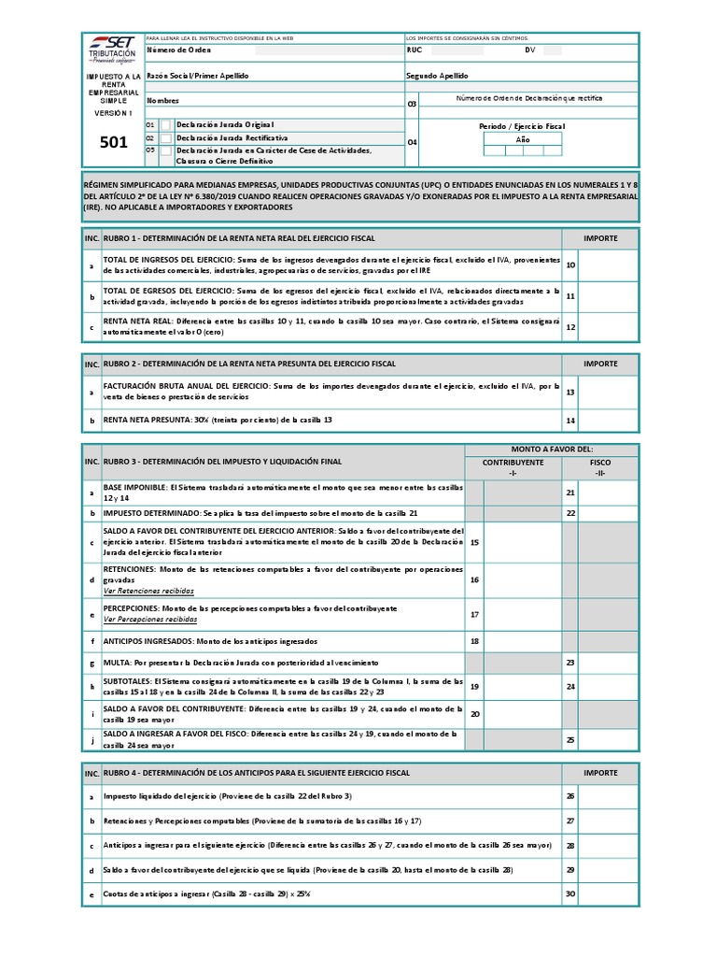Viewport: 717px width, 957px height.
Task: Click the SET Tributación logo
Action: click(x=111, y=48)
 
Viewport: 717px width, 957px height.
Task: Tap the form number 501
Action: click(x=113, y=143)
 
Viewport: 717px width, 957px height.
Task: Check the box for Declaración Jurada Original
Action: click(x=166, y=124)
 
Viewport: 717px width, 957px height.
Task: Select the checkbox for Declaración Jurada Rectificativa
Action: click(x=166, y=137)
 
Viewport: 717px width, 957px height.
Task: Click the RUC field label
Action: click(x=415, y=50)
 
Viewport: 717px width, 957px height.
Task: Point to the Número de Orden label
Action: click(x=179, y=50)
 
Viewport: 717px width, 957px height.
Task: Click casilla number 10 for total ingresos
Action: click(x=570, y=265)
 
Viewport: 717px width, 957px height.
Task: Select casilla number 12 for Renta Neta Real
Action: click(x=570, y=327)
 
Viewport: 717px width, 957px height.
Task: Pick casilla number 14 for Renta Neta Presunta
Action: click(x=570, y=421)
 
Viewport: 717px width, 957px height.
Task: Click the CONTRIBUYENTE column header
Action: click(x=513, y=463)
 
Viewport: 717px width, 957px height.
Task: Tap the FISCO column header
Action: click(x=600, y=463)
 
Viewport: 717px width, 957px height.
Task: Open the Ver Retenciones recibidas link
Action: click(x=149, y=592)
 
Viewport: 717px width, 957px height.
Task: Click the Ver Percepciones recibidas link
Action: click(x=150, y=619)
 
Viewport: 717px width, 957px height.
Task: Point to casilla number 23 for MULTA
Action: click(x=570, y=662)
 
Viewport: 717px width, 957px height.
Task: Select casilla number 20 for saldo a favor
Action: click(x=474, y=714)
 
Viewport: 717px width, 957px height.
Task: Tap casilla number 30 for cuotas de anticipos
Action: click(x=570, y=893)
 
